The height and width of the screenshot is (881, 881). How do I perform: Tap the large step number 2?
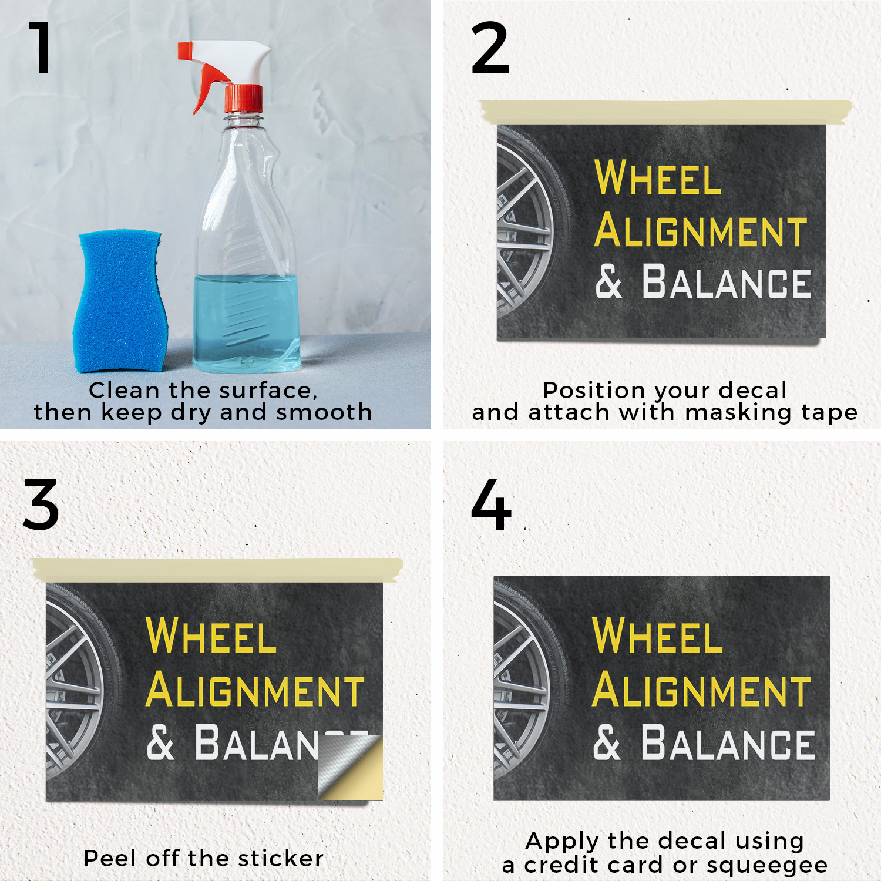tap(490, 48)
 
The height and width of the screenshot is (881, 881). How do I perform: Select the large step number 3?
tap(41, 505)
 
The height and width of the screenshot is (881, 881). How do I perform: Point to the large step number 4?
tap(491, 505)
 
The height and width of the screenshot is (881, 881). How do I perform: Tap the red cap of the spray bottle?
tap(244, 99)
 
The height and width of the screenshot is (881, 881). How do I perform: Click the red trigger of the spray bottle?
tap(206, 88)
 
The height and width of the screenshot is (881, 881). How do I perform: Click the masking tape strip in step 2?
tap(666, 112)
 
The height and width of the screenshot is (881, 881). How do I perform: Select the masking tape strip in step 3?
tap(218, 570)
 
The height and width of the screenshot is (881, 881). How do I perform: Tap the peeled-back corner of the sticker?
tap(351, 767)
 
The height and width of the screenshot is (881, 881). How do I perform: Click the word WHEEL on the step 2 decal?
tap(658, 177)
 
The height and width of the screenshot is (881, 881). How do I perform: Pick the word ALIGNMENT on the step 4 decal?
tap(701, 691)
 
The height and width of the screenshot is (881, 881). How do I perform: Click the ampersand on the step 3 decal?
tap(160, 742)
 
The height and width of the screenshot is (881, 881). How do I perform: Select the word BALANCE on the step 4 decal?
tap(728, 743)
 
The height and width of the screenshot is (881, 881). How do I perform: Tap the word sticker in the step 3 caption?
tap(281, 859)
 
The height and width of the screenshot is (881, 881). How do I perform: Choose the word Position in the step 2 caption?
tap(594, 391)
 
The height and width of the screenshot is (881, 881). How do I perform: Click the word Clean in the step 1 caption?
tap(124, 391)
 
